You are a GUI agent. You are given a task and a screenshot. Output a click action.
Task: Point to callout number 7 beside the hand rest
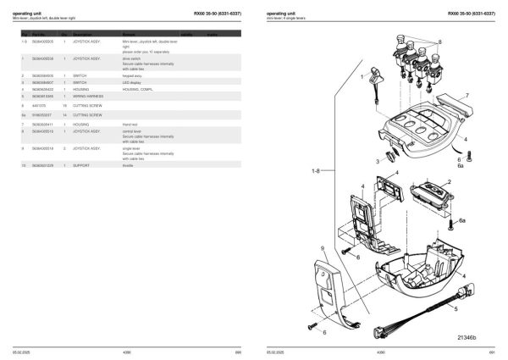(x=465, y=96)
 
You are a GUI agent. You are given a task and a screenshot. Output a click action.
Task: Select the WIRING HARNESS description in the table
(x=87, y=96)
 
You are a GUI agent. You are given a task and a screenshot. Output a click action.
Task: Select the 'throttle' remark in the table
(x=130, y=166)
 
